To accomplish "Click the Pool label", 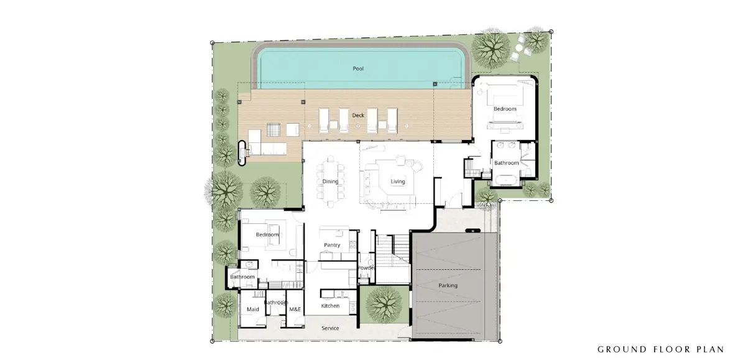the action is click(x=358, y=68).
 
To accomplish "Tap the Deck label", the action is click(x=358, y=115).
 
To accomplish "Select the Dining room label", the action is click(x=330, y=182).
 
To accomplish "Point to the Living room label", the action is click(x=398, y=182).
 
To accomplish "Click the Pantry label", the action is click(x=332, y=245).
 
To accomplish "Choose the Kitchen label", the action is click(x=330, y=306).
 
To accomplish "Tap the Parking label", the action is click(x=448, y=285).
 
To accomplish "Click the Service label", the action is click(x=330, y=328).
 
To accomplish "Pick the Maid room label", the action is click(x=252, y=309).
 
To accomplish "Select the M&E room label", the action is click(x=295, y=309).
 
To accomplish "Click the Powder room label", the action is click(x=366, y=268).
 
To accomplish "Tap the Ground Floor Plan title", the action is click(x=661, y=349).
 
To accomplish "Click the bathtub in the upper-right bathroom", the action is click(x=506, y=180).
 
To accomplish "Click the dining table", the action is click(x=330, y=182).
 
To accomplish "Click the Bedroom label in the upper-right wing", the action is click(x=505, y=109).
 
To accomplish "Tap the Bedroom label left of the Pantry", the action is click(x=267, y=235).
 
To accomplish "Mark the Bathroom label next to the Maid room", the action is click(x=276, y=302).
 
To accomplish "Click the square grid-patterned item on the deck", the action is click(x=274, y=129).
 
